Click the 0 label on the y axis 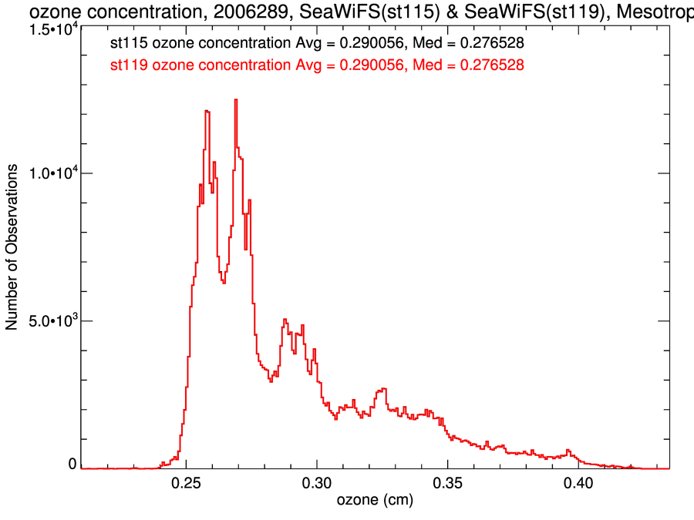click(x=72, y=464)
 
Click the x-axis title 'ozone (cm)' click(x=375, y=501)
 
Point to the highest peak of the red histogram click(x=236, y=99)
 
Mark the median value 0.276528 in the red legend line click(x=492, y=65)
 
